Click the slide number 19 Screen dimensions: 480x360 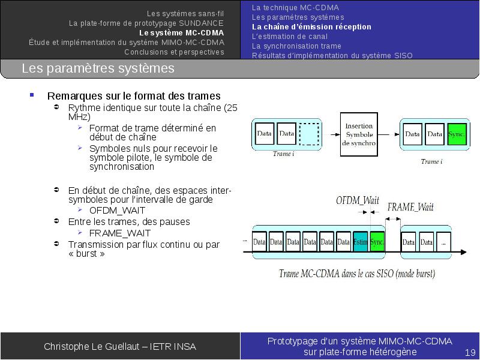470,352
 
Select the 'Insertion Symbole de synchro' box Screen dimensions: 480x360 359,134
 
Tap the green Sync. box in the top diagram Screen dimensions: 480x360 457,134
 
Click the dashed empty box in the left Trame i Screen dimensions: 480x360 309,134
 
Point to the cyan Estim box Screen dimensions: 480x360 361,242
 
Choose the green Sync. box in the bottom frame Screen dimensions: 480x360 377,242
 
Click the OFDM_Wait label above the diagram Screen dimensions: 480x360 358,200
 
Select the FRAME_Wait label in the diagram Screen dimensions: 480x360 410,207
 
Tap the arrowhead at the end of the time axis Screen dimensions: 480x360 463,252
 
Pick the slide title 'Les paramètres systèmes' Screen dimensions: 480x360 98,68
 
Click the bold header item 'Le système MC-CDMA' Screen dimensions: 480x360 182,33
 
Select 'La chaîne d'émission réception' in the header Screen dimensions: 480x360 311,27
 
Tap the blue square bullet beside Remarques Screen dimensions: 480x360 32,95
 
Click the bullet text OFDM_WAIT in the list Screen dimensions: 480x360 117,211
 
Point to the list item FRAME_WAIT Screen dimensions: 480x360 120,233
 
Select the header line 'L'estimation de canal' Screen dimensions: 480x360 290,37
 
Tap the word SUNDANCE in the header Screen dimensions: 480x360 201,23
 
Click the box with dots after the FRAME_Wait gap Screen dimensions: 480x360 443,242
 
